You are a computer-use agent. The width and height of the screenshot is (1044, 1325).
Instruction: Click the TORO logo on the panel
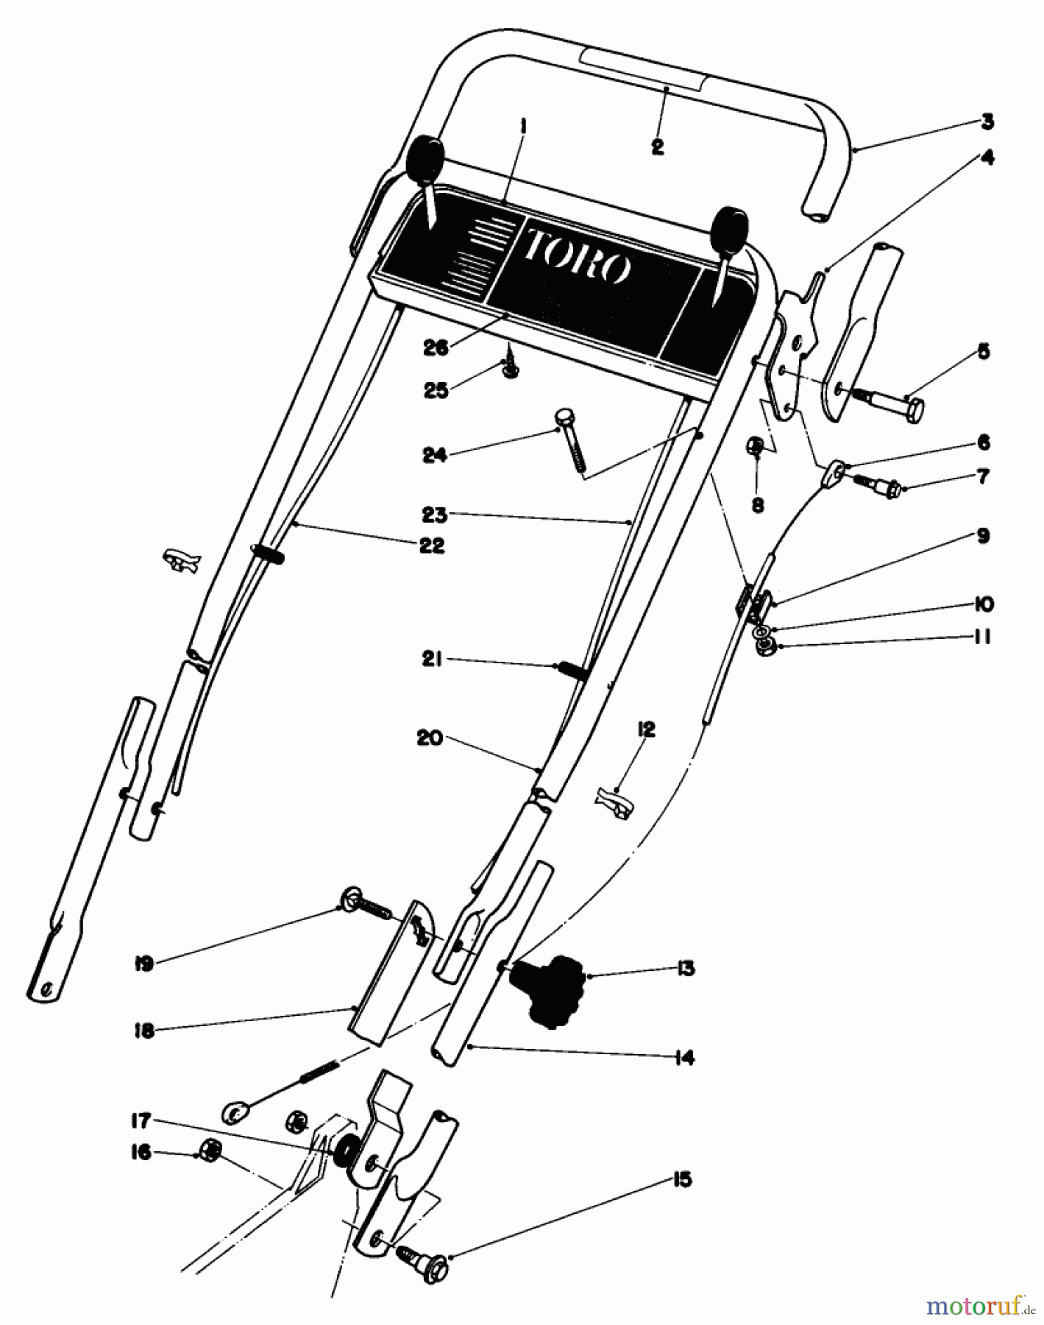click(x=577, y=255)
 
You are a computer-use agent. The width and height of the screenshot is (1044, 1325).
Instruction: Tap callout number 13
click(x=685, y=969)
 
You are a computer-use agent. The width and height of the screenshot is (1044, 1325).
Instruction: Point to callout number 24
click(x=435, y=456)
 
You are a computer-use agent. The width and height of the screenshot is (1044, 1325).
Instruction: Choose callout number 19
click(x=144, y=964)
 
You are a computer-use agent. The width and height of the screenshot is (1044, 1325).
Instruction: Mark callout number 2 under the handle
click(x=657, y=146)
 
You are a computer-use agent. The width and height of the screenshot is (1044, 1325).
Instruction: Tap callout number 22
click(x=433, y=545)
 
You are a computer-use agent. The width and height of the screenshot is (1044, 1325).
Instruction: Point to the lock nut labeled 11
click(x=767, y=646)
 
